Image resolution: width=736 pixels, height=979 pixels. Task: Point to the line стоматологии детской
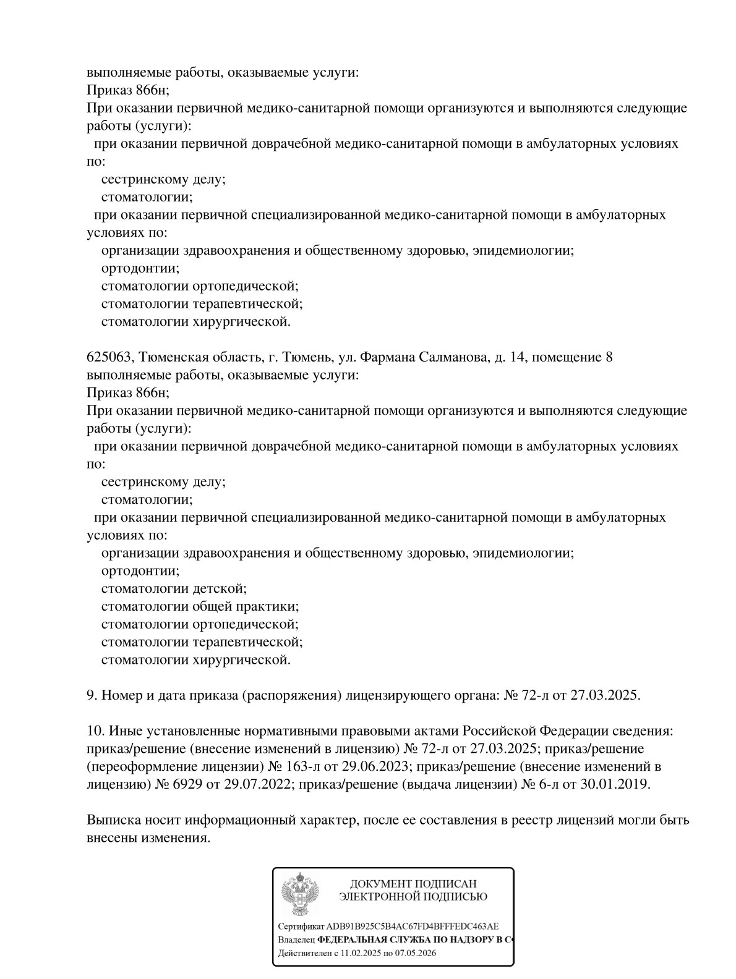[174, 588]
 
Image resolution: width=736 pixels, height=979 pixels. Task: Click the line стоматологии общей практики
[200, 606]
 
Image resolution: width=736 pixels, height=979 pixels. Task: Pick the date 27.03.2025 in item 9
[605, 695]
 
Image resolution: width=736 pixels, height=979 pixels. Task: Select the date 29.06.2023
[376, 766]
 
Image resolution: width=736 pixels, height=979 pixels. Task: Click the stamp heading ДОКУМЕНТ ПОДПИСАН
[413, 884]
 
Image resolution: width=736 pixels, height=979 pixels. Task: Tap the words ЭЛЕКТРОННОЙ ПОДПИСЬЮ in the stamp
[413, 897]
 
